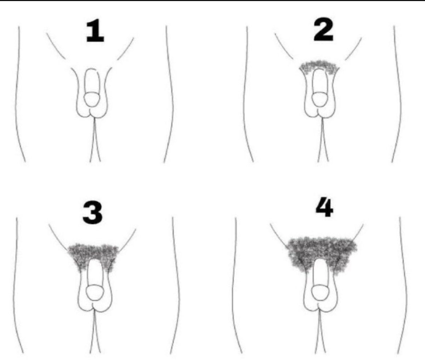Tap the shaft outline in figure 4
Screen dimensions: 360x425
click(x=321, y=273)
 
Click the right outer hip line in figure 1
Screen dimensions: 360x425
click(x=171, y=92)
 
